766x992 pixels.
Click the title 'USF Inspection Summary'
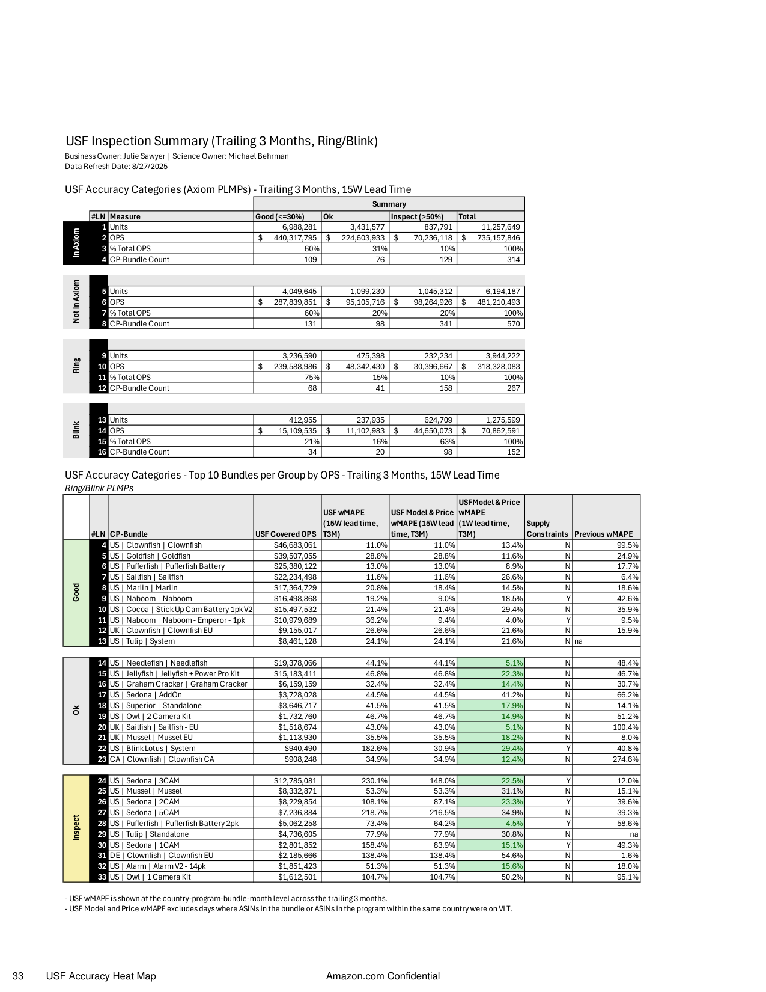[221, 141]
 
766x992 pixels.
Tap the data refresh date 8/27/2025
[150, 167]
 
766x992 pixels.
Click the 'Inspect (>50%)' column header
[417, 217]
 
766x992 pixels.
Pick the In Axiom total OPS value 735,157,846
[498, 238]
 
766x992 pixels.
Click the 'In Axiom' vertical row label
[76, 243]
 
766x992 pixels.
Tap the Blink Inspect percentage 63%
[447, 442]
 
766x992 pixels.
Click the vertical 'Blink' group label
[76, 430]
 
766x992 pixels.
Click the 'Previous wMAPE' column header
[603, 534]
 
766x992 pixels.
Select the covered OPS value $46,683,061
[294, 545]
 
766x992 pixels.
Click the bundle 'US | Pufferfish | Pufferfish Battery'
[167, 566]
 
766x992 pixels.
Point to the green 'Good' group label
[76, 593]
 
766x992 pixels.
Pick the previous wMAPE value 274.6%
[625, 759]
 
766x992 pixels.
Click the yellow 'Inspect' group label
[76, 828]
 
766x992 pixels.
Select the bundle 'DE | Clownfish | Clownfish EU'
[161, 856]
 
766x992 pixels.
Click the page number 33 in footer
[18, 976]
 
